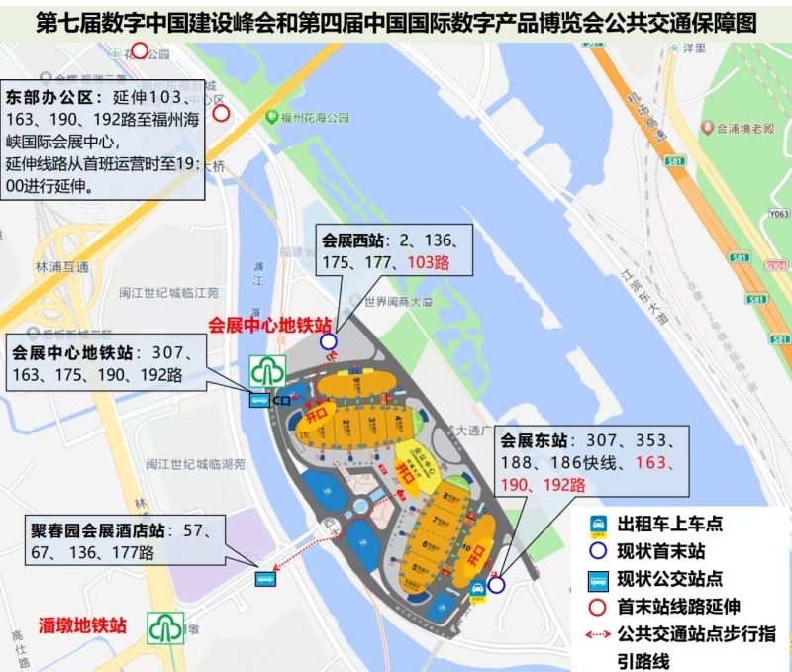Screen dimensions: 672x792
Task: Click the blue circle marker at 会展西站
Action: pyautogui.click(x=328, y=341)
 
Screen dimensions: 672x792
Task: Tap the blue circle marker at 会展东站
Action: pyautogui.click(x=496, y=585)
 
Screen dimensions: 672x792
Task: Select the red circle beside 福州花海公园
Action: pyautogui.click(x=222, y=113)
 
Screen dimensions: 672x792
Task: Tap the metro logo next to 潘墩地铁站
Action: pyautogui.click(x=165, y=627)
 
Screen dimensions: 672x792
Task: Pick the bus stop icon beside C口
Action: pyautogui.click(x=257, y=400)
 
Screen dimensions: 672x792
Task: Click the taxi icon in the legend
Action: pyautogui.click(x=597, y=525)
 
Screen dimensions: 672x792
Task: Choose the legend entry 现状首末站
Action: pyautogui.click(x=661, y=552)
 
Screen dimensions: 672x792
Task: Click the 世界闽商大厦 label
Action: pyautogui.click(x=400, y=302)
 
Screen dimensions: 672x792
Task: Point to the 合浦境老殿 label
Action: pyautogui.click(x=744, y=128)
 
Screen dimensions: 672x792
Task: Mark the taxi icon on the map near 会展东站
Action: pyautogui.click(x=478, y=588)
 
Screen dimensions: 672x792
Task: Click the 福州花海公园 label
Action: pyautogui.click(x=314, y=118)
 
